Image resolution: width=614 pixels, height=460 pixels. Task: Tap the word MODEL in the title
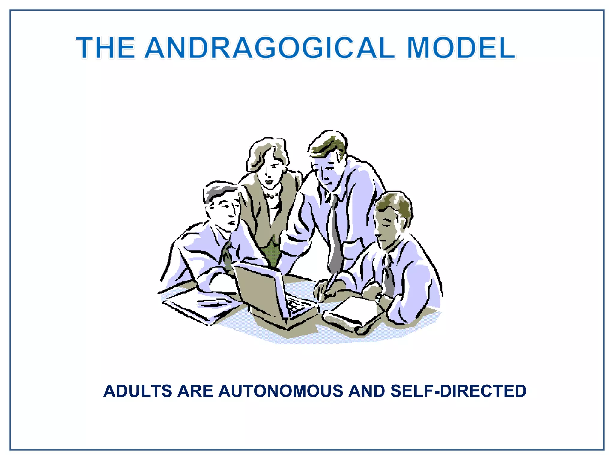coord(461,48)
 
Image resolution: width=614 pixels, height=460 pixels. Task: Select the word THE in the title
coord(106,48)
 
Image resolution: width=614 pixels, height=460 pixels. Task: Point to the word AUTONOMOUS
coord(281,391)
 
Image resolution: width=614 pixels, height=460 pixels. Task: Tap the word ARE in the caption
coord(195,391)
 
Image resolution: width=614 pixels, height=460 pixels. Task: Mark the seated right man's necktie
coord(389,276)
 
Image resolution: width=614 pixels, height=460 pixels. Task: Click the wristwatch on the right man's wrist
coord(379,297)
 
